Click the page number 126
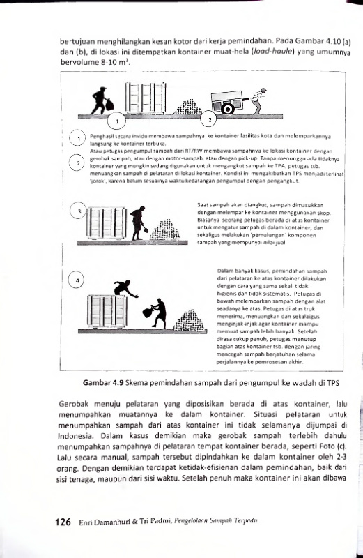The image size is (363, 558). [63, 522]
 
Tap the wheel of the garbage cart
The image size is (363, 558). [227, 108]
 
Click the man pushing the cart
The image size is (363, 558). [258, 100]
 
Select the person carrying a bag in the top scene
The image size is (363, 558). [102, 100]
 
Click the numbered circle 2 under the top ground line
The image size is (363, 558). [210, 120]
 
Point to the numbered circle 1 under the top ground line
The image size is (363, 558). [117, 121]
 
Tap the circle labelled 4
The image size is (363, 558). [76, 280]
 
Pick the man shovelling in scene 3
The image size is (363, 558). [139, 223]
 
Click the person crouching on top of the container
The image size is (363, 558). [125, 288]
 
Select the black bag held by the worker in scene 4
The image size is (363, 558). [148, 312]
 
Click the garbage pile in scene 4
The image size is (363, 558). [190, 321]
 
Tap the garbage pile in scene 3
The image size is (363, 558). [164, 230]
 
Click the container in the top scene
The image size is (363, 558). [146, 98]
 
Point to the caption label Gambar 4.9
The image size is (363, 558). [102, 383]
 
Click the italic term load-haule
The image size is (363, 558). [273, 52]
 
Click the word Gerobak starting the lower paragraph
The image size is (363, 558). [72, 405]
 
